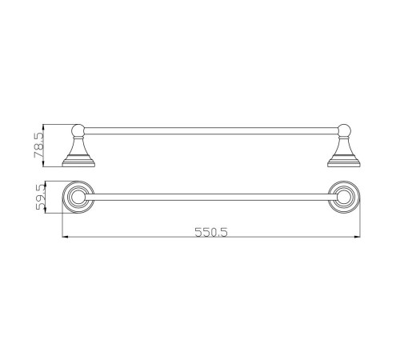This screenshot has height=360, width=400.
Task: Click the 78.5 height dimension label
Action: (39, 146)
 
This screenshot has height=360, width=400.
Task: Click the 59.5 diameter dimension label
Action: (41, 198)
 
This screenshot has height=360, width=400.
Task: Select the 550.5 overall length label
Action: (211, 232)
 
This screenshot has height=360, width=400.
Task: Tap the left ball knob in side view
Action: (78, 130)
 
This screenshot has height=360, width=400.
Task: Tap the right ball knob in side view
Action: (344, 130)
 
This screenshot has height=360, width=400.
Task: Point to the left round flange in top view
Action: (78, 198)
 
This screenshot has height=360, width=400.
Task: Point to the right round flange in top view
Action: (344, 198)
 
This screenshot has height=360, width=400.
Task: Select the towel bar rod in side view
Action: (211, 130)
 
